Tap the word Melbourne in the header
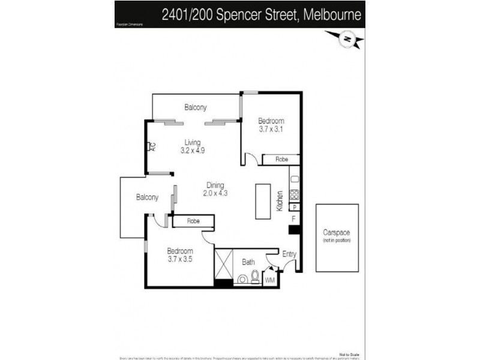pos(332,14)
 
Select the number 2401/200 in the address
pos(190,14)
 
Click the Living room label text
pos(193,142)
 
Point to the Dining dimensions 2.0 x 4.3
pos(216,193)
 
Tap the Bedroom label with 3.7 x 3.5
pos(180,255)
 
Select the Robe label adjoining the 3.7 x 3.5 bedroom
pos(193,221)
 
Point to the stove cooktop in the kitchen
pos(295,195)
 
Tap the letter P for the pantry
pos(295,208)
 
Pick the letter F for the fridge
pos(293,218)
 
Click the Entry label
pos(289,254)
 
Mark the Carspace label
pos(337,232)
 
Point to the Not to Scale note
pos(350,354)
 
